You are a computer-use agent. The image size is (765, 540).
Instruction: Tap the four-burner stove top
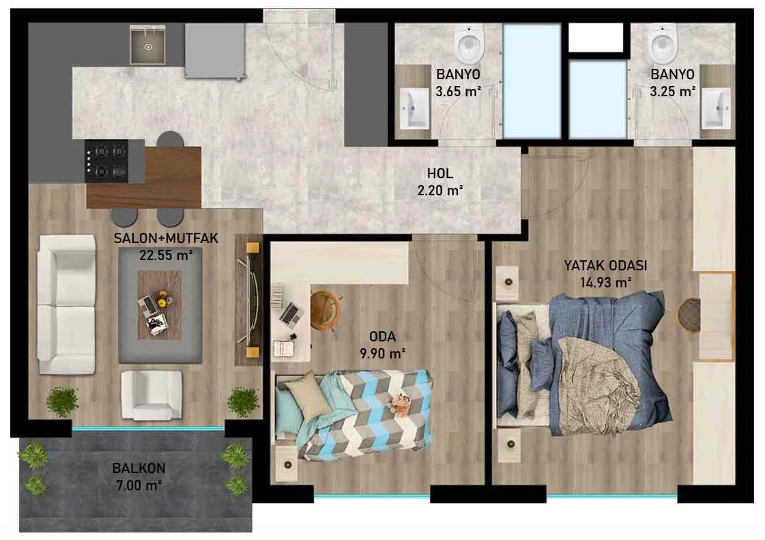106,161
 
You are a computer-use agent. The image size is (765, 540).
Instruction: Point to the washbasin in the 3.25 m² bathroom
716,109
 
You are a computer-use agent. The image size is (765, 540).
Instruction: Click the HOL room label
439,173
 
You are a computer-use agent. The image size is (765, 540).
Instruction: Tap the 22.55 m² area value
166,255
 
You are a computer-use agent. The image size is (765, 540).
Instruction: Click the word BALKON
139,468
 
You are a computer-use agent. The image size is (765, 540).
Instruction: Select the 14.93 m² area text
606,282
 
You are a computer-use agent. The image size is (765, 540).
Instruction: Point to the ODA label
382,337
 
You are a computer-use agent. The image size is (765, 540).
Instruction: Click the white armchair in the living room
151,395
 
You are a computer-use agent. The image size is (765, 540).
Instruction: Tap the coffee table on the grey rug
159,305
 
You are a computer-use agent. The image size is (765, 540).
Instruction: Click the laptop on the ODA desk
291,313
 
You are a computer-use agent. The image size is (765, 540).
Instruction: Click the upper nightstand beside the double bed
508,283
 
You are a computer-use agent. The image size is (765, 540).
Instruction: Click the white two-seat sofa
67,304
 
